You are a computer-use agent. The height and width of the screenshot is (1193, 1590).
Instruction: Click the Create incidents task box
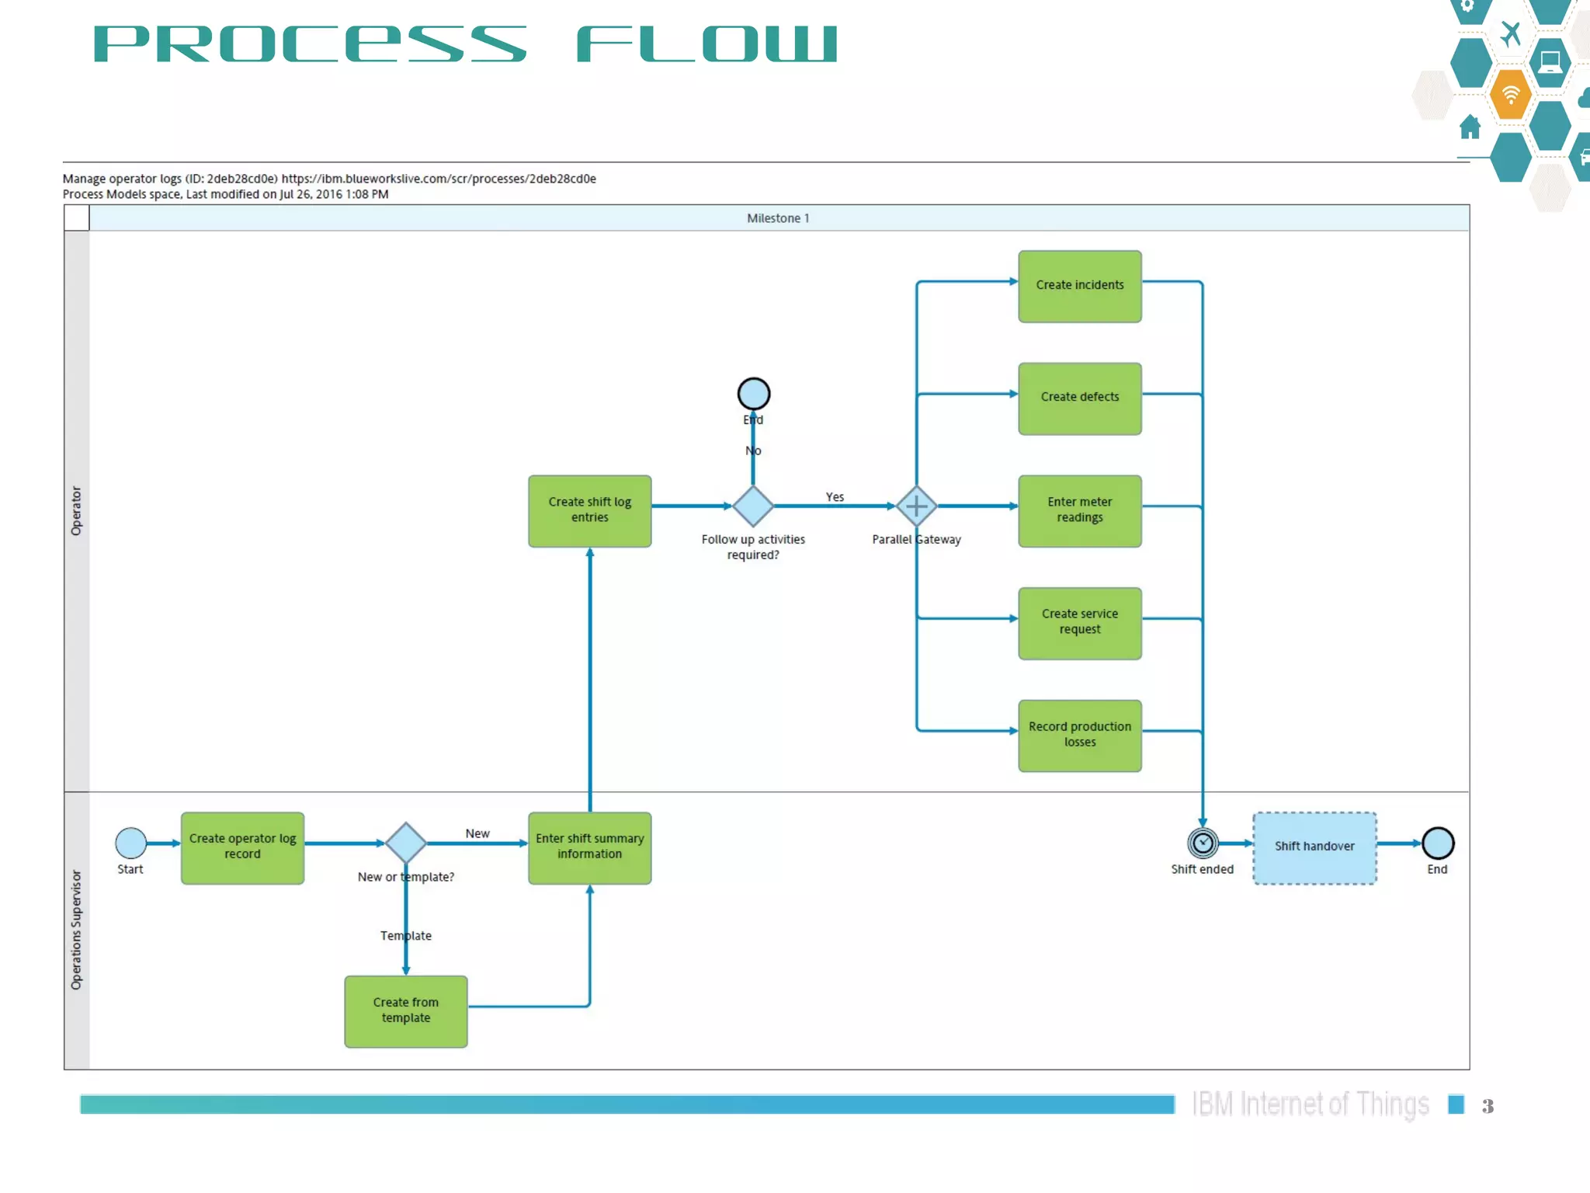click(x=1079, y=286)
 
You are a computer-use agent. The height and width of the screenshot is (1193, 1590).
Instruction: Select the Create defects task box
click(x=1079, y=398)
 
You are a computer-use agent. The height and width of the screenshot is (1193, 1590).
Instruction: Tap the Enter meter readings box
click(x=1079, y=510)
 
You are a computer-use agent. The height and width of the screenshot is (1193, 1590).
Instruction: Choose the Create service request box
click(x=1079, y=622)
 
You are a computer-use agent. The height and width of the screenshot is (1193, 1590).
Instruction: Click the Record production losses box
click(x=1079, y=735)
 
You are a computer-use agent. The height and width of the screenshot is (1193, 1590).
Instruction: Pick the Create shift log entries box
click(x=589, y=510)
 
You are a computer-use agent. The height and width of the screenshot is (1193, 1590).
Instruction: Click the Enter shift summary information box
click(x=589, y=847)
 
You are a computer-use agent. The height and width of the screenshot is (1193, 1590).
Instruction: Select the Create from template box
click(x=405, y=1010)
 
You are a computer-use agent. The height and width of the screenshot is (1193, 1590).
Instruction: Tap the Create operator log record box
click(x=242, y=847)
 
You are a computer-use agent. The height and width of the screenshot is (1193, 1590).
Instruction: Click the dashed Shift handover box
click(x=1314, y=847)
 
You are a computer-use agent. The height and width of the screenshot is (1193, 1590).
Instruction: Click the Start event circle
click(x=130, y=843)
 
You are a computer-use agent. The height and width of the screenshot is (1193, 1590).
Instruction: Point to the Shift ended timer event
click(x=1203, y=843)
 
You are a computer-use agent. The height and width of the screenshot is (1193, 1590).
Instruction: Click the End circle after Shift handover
click(x=1438, y=843)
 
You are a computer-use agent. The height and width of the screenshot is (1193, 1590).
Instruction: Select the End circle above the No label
click(x=753, y=394)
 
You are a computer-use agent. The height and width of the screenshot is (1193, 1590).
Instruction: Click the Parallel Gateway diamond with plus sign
click(x=916, y=506)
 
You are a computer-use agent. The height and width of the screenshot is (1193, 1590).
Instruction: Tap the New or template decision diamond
click(x=405, y=843)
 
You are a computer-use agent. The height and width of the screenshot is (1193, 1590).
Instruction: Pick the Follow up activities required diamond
click(x=753, y=506)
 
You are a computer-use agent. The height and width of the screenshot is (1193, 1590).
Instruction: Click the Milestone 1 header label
click(x=778, y=218)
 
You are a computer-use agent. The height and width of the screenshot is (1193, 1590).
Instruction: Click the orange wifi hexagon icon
click(x=1510, y=95)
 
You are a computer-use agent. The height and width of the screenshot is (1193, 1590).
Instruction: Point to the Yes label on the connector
click(x=835, y=497)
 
